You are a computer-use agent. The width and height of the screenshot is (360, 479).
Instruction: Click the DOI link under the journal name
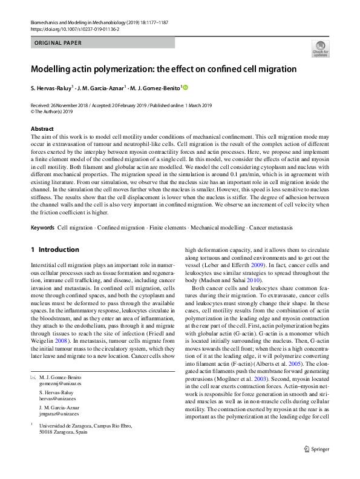click(70, 28)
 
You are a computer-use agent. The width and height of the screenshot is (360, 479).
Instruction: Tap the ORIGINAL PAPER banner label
click(58, 43)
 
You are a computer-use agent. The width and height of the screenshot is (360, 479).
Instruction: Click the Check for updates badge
click(320, 48)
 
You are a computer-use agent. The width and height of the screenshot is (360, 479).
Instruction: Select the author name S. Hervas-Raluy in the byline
click(51, 88)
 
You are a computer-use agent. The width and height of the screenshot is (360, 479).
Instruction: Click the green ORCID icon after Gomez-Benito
click(186, 88)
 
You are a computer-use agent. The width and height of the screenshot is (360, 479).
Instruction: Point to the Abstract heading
click(42, 129)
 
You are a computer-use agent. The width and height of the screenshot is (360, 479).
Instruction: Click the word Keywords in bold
click(42, 228)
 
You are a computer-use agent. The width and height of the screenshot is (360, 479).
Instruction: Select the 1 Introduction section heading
click(54, 249)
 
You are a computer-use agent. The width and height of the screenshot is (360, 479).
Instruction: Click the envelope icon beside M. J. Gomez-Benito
click(33, 377)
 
